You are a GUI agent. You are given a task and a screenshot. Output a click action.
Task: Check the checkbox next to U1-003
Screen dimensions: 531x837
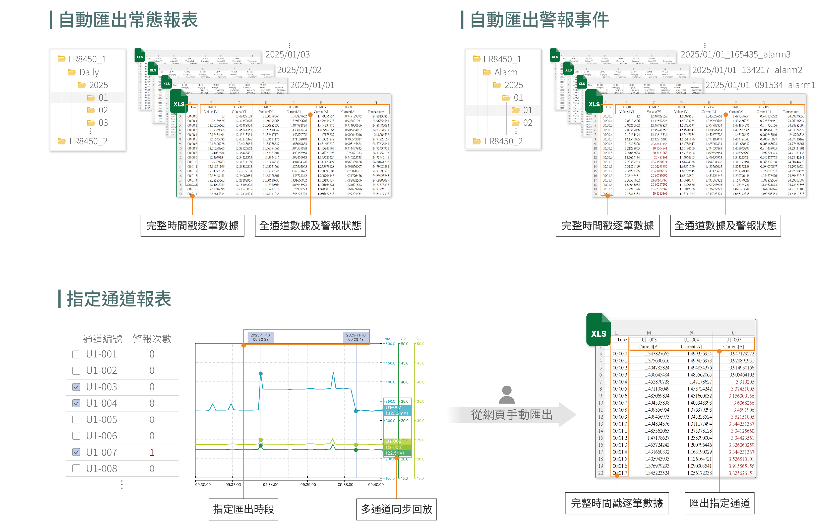point(76,387)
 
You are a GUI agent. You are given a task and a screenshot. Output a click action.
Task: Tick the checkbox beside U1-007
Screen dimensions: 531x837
point(76,452)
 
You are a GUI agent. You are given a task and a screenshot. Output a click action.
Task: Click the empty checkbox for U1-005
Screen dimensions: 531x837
point(76,420)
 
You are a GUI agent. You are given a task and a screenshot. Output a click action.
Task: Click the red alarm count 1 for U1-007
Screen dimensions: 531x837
point(152,452)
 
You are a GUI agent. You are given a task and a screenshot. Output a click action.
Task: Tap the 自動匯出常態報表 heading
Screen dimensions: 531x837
point(128,20)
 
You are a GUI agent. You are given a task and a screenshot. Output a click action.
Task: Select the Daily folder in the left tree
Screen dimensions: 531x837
point(89,72)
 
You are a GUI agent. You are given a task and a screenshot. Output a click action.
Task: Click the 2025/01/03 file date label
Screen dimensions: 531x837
point(287,54)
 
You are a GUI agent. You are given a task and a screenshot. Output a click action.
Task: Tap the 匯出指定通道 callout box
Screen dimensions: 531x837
point(719,503)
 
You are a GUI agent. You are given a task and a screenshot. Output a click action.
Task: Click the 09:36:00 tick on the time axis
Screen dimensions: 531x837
point(308,484)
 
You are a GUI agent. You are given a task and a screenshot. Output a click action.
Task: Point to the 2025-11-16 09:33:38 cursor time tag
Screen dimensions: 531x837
point(261,337)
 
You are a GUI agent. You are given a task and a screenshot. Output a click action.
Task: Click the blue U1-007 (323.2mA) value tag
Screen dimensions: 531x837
point(397,410)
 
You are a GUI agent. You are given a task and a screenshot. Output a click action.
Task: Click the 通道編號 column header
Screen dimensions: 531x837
point(102,339)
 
